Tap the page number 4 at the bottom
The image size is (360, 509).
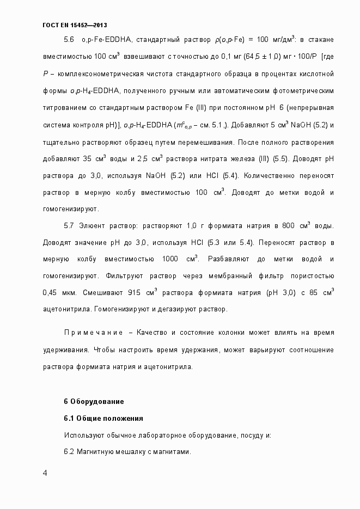[45, 473]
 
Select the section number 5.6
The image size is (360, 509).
[69, 40]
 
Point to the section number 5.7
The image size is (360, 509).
[69, 225]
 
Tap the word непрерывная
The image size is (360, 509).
[312, 107]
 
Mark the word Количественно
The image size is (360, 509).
[269, 175]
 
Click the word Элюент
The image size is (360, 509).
[91, 225]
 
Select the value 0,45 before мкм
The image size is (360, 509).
[50, 292]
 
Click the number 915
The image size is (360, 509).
[135, 292]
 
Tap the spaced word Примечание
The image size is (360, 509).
[92, 332]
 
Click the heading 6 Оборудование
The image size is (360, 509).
[94, 402]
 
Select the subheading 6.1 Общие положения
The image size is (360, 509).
[103, 419]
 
